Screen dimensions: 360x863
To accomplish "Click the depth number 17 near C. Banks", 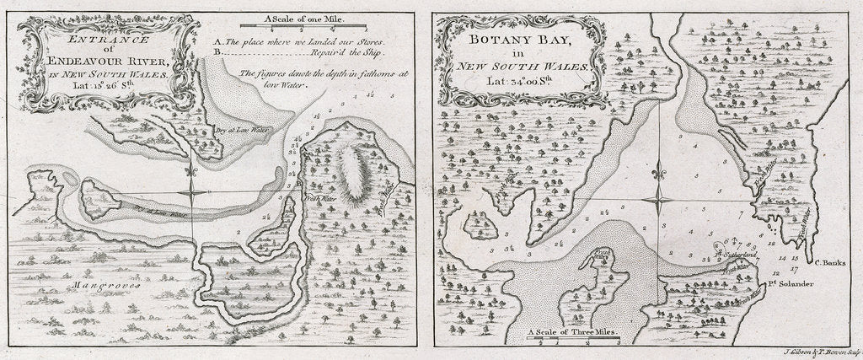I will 795,267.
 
